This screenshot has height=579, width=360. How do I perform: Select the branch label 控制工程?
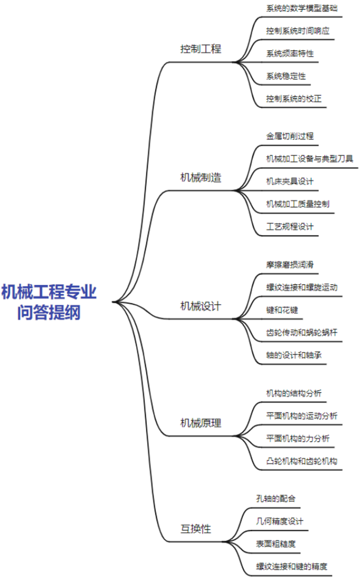point(201,49)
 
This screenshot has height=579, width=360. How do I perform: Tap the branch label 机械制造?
point(201,178)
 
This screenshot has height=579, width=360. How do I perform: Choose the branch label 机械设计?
point(201,306)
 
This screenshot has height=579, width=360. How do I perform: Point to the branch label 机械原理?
point(201,423)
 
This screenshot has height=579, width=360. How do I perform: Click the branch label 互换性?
point(196,529)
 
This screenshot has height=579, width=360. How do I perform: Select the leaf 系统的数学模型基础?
point(301,8)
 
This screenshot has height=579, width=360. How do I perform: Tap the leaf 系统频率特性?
point(290,54)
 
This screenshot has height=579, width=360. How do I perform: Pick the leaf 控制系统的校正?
point(294,99)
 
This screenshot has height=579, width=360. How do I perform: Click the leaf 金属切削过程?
point(290,136)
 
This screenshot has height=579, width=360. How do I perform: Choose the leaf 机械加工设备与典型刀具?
point(310,159)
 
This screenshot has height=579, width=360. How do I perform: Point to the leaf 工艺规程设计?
point(290,227)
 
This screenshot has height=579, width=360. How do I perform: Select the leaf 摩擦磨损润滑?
point(290,265)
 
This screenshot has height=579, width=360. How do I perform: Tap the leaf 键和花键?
point(282,310)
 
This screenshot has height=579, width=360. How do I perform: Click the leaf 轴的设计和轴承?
point(294,355)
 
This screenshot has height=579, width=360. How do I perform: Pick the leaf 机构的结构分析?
point(294,394)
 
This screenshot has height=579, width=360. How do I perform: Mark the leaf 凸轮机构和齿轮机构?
point(301,461)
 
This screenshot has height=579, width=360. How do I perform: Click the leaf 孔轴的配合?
point(275,499)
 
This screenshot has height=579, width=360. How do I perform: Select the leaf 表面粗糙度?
point(275,544)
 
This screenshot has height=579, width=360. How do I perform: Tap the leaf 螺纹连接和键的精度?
point(291,567)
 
